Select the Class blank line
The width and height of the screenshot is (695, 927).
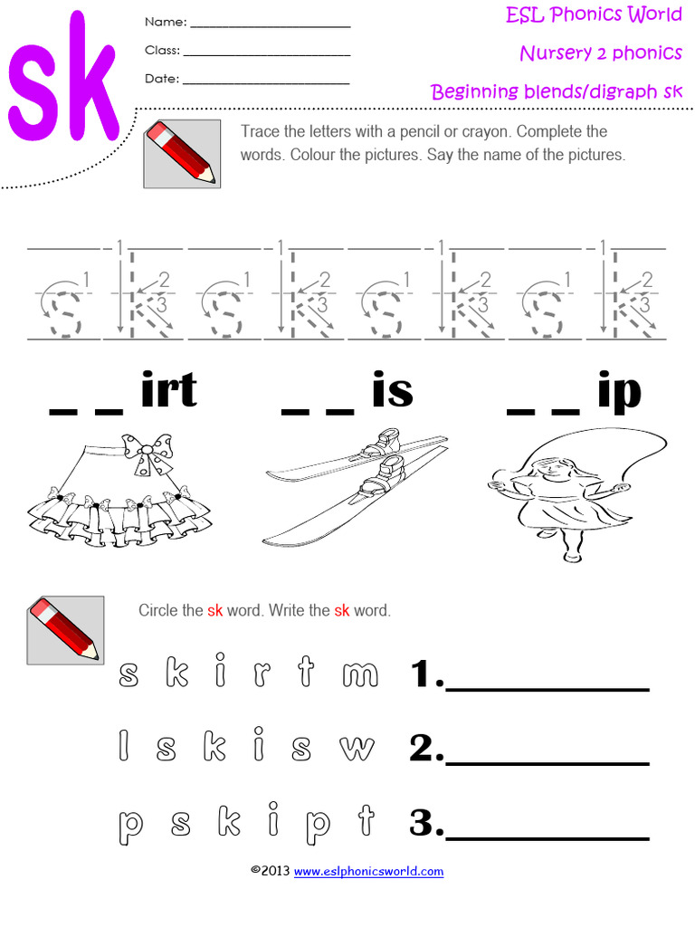pyautogui.click(x=266, y=55)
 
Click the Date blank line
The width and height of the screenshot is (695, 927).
pyautogui.click(x=266, y=83)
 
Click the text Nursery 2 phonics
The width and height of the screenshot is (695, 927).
pyautogui.click(x=601, y=53)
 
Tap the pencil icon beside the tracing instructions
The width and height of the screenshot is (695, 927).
pyautogui.click(x=181, y=154)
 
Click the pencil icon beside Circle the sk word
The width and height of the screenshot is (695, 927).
pyautogui.click(x=64, y=630)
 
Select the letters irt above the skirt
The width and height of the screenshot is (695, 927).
pyautogui.click(x=168, y=391)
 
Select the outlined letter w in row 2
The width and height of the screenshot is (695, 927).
pyautogui.click(x=357, y=748)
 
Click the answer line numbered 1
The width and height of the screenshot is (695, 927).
pyautogui.click(x=548, y=689)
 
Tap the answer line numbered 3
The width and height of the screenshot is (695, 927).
pyautogui.click(x=548, y=837)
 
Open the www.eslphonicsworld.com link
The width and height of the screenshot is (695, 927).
pyautogui.click(x=368, y=872)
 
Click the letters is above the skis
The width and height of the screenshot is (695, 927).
pyautogui.click(x=392, y=391)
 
